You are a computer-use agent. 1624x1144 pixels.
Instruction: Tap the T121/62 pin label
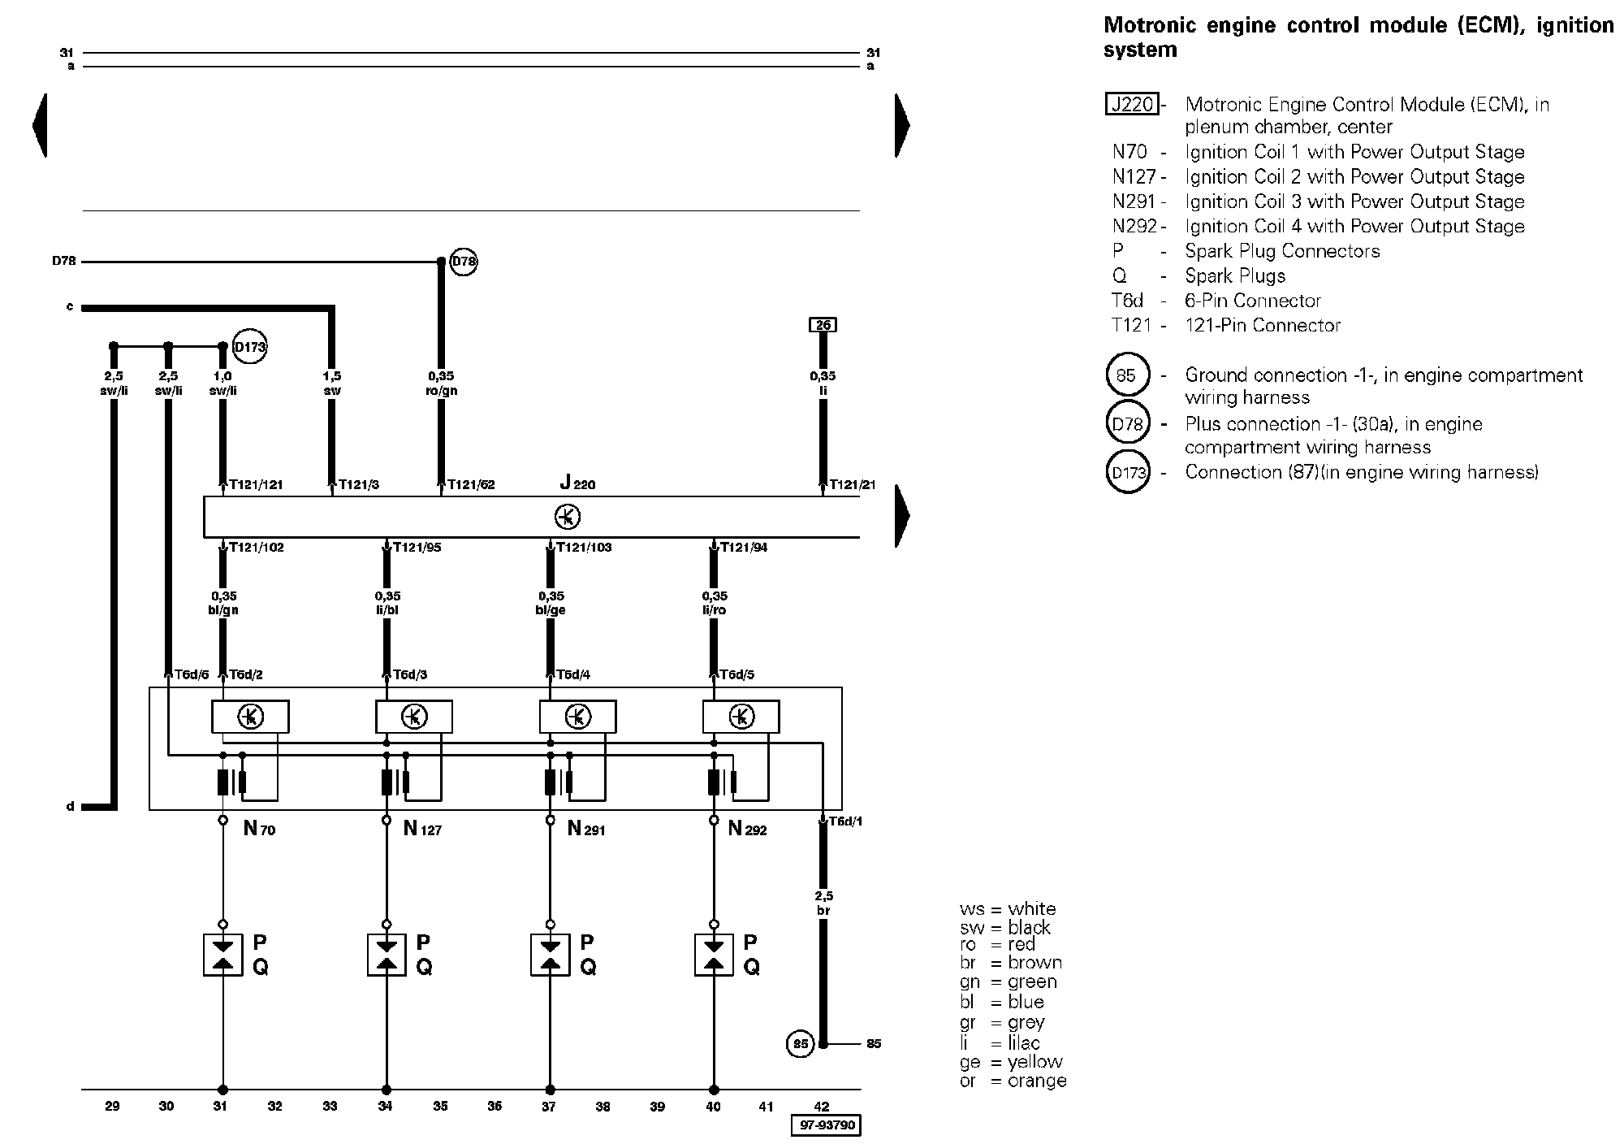470,485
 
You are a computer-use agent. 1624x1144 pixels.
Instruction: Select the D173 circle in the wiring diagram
249,347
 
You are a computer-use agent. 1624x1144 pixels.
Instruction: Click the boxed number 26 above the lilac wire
823,325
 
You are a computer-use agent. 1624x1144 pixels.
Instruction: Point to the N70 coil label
259,829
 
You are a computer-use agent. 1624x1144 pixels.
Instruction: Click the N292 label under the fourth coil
747,829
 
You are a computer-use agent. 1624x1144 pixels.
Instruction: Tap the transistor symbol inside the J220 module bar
568,517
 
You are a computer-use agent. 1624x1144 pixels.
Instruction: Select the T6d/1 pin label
844,821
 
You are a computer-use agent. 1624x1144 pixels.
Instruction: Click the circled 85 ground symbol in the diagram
801,1043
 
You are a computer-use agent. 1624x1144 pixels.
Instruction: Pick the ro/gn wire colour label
441,391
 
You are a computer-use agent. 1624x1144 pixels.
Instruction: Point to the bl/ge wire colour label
551,610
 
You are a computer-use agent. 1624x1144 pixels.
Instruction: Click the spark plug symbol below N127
387,955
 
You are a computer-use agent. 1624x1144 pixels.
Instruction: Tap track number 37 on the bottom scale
549,1106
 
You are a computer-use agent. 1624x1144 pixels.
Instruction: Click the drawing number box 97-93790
826,1125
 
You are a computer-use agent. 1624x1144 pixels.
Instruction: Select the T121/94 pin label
743,548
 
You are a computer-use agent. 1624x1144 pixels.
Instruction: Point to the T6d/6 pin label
192,674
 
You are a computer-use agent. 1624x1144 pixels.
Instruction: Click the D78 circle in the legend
1128,423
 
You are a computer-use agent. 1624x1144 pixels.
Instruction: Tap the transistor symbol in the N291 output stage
577,717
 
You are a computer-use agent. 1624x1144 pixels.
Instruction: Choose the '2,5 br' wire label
823,903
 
